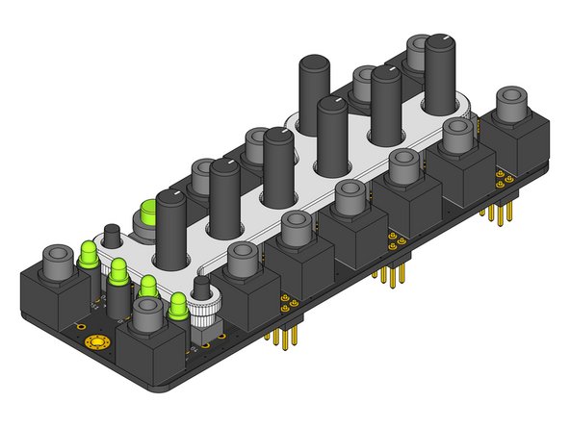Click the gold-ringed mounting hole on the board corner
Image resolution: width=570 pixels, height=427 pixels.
96,343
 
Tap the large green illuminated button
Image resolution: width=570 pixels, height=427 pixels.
149,213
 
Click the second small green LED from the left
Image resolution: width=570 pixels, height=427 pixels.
118,271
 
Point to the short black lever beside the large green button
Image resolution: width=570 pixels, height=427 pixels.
112,237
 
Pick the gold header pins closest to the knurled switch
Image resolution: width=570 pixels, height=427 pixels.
281,336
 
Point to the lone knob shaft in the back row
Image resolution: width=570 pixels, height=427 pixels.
314,91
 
